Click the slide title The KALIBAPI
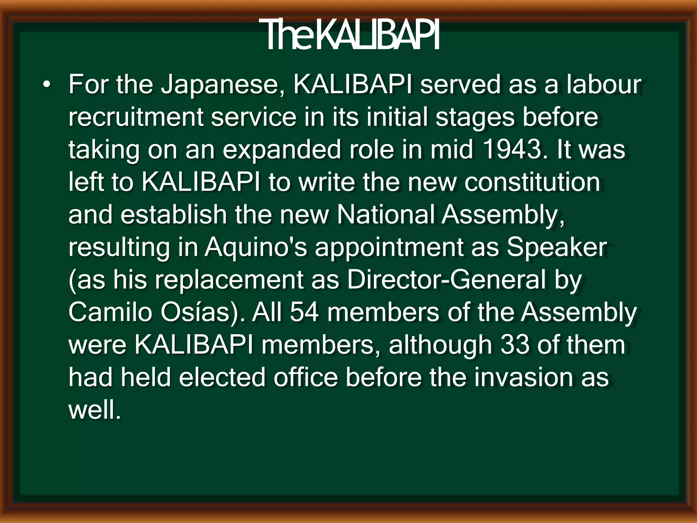tap(349, 35)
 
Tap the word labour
tap(604, 84)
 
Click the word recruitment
tap(136, 117)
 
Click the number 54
tap(304, 312)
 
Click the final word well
tap(94, 410)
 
